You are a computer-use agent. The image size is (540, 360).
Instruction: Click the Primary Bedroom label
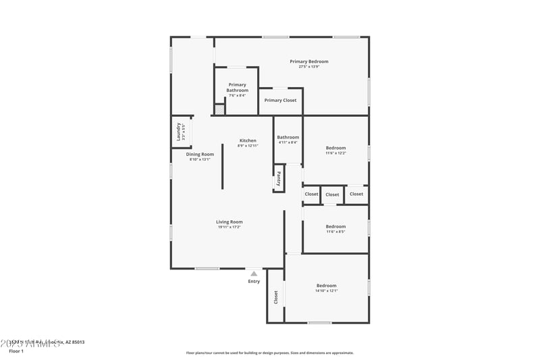pyautogui.click(x=309, y=61)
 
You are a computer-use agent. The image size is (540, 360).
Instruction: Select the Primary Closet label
pyautogui.click(x=280, y=100)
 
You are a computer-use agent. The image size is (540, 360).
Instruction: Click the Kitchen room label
pyautogui.click(x=248, y=140)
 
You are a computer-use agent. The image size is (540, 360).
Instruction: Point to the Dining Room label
pyautogui.click(x=200, y=154)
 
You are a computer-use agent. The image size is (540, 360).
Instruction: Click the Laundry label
pyautogui.click(x=180, y=130)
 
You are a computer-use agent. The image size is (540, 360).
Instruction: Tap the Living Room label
pyautogui.click(x=230, y=222)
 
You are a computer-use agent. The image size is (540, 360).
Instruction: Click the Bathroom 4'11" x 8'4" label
pyautogui.click(x=288, y=137)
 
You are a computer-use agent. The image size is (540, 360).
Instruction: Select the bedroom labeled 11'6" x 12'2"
pyautogui.click(x=335, y=148)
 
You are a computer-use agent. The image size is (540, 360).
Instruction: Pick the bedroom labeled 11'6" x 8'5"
pyautogui.click(x=335, y=226)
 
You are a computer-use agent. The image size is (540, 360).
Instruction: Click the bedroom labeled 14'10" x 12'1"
pyautogui.click(x=326, y=286)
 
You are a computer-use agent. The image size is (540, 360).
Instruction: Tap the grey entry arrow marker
pyautogui.click(x=254, y=274)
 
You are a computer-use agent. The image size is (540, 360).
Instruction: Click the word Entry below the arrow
pyautogui.click(x=254, y=282)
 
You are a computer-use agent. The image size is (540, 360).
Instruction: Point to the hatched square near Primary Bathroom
pyautogui.click(x=219, y=109)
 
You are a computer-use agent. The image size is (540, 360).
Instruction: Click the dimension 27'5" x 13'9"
pyautogui.click(x=309, y=67)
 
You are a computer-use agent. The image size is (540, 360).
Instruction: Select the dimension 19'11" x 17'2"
pyautogui.click(x=230, y=227)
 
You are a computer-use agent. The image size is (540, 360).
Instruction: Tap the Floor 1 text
pyautogui.click(x=16, y=351)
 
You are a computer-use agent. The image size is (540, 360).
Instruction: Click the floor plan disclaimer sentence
pyautogui.click(x=269, y=353)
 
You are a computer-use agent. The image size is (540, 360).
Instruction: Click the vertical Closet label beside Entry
pyautogui.click(x=275, y=297)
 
